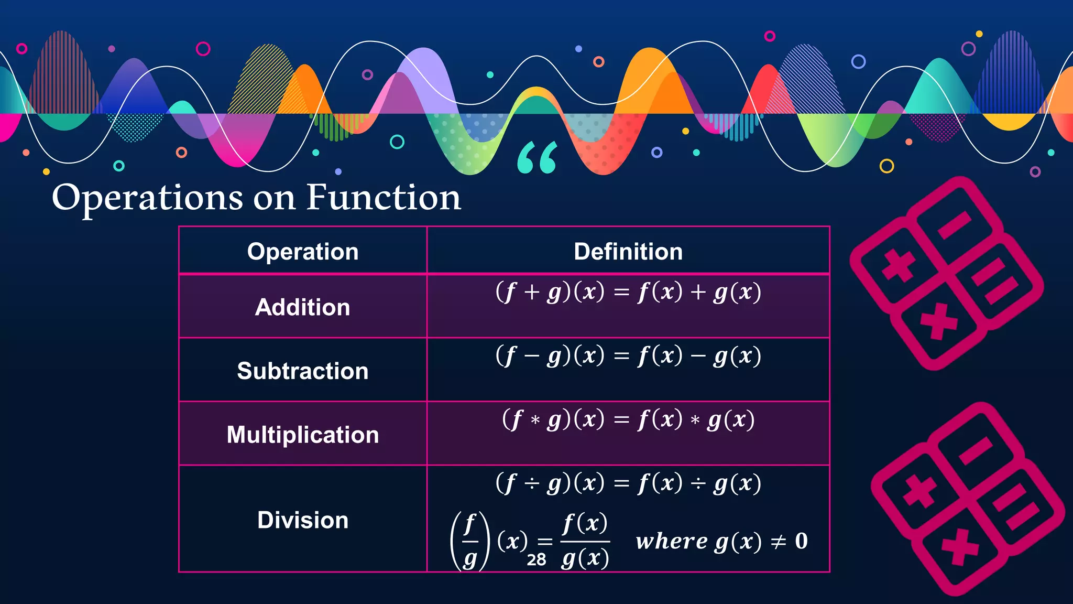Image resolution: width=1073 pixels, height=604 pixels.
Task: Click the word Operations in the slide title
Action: pyautogui.click(x=147, y=198)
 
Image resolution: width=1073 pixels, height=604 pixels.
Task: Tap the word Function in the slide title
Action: pyautogui.click(x=384, y=198)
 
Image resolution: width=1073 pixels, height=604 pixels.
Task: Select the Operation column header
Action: pyautogui.click(x=303, y=252)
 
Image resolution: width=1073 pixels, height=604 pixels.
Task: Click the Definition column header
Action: pyautogui.click(x=628, y=252)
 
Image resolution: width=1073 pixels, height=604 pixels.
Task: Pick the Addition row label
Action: pyautogui.click(x=303, y=307)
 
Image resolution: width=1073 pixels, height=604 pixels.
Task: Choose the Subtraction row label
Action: pyautogui.click(x=303, y=371)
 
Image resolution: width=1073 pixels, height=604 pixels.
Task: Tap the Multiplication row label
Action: pyautogui.click(x=303, y=435)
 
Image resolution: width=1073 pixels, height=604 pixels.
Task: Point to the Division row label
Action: pyautogui.click(x=303, y=520)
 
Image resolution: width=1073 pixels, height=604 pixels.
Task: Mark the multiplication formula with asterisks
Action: pyautogui.click(x=628, y=420)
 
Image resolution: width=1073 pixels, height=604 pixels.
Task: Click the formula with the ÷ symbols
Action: pyautogui.click(x=628, y=483)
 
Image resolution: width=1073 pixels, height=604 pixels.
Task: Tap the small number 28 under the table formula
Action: pyautogui.click(x=536, y=560)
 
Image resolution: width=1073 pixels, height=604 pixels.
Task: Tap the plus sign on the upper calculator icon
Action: pyautogui.click(x=898, y=265)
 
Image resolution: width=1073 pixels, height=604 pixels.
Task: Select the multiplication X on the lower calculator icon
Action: pyautogui.click(x=960, y=547)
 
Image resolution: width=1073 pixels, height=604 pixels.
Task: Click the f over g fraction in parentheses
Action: pyautogui.click(x=470, y=541)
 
